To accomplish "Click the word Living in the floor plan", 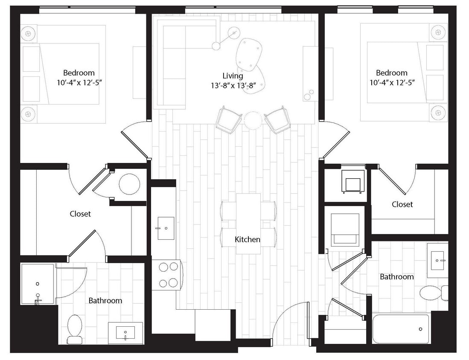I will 233,76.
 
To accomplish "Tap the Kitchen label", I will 248,240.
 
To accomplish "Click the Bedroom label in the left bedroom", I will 79,73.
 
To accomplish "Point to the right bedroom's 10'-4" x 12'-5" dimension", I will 392,82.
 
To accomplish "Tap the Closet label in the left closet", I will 80,214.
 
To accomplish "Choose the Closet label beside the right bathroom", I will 402,205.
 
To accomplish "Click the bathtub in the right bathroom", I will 401,329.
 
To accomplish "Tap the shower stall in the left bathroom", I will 38,284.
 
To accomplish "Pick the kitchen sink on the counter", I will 166,228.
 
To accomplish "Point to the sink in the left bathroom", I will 125,333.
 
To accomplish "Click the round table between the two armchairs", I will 252,119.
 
